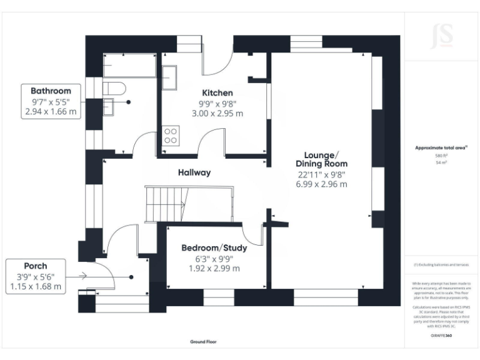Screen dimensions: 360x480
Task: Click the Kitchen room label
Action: (x=217, y=92)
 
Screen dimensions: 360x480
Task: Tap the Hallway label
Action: (x=194, y=172)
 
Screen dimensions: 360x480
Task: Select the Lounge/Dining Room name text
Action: (x=321, y=159)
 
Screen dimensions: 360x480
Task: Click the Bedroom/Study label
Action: (x=214, y=248)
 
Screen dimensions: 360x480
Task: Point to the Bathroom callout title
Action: (x=51, y=91)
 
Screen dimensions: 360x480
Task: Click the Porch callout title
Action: (x=36, y=266)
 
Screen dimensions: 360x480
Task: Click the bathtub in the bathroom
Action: (x=129, y=65)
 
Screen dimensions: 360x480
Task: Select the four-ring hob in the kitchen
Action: (x=171, y=136)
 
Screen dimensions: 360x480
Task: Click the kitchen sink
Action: (x=169, y=77)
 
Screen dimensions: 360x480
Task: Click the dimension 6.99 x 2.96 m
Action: (x=321, y=184)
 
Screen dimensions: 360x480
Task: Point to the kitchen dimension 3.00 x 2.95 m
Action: (x=217, y=114)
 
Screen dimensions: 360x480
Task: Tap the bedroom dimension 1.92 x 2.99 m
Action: (x=214, y=269)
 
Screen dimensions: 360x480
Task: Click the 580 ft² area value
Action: (x=442, y=155)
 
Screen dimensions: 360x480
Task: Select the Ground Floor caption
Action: (x=203, y=342)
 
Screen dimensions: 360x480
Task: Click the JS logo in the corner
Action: (x=442, y=36)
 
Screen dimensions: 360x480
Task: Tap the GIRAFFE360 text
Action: (x=442, y=336)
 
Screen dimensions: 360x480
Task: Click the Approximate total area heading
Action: (x=441, y=147)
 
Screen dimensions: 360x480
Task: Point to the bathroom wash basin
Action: (x=109, y=107)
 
